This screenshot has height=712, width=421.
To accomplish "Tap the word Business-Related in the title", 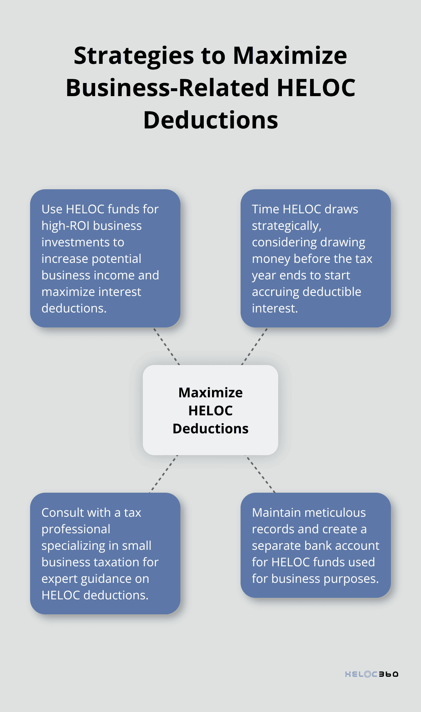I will click(x=167, y=88).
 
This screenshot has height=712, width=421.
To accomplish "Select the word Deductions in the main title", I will click(x=210, y=120).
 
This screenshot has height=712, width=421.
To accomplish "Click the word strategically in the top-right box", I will click(x=286, y=226).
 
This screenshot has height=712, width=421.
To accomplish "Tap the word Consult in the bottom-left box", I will click(x=62, y=513).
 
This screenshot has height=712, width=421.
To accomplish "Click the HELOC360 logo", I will click(x=371, y=674).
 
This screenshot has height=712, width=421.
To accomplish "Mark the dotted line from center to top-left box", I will click(x=167, y=346).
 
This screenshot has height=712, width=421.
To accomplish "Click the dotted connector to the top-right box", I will click(x=254, y=346).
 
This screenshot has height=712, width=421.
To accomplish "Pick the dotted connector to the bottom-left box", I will click(x=164, y=474).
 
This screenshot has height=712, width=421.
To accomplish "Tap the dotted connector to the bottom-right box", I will click(x=260, y=474).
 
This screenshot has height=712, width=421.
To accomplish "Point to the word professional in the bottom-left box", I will click(x=76, y=529).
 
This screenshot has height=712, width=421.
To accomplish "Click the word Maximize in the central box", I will click(x=210, y=392).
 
